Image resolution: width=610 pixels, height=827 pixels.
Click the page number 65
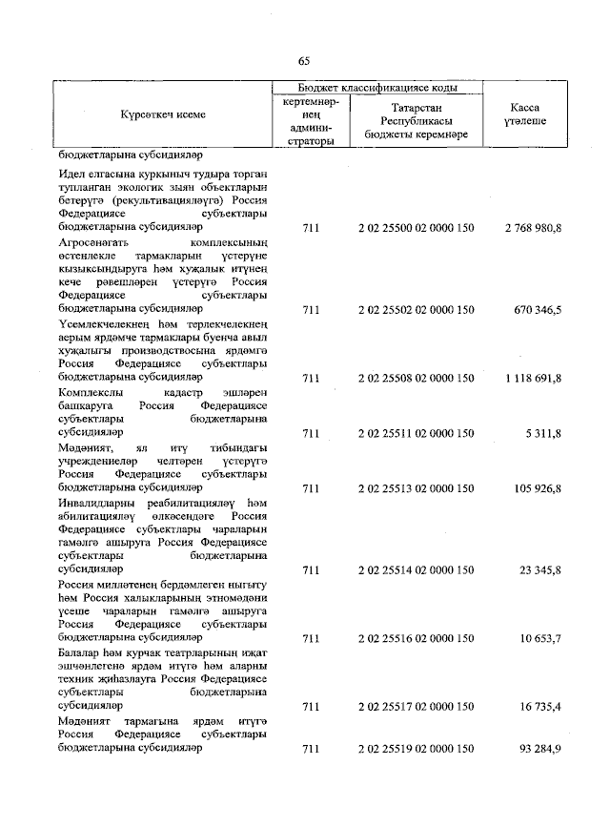(304, 60)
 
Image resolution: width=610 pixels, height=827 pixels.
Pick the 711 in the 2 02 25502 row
(310, 310)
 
